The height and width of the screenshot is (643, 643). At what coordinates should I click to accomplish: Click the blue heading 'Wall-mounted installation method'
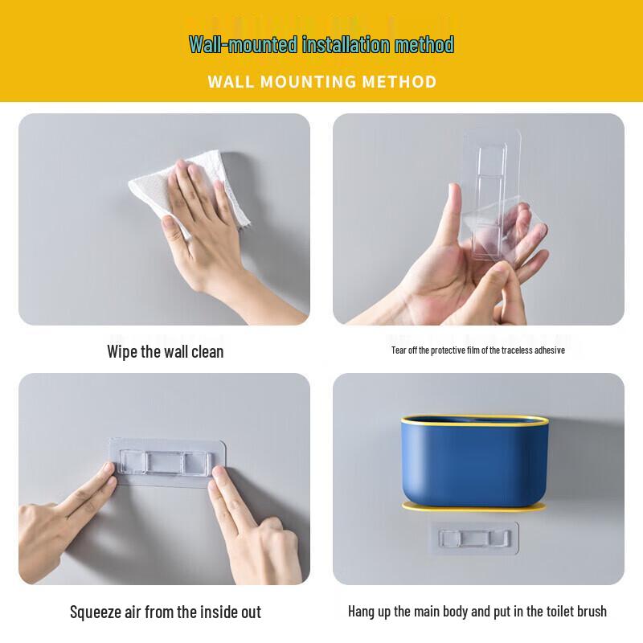pos(321,44)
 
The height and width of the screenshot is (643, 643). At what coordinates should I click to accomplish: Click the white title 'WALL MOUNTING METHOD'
pos(321,81)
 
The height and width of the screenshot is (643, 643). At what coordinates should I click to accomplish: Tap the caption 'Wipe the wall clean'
pos(165,351)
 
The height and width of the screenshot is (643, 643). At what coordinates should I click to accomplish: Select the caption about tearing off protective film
pos(477,350)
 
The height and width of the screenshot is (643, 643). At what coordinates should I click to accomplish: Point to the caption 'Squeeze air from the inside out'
pos(165,612)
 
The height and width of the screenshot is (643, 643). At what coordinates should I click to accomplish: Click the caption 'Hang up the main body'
pos(477,612)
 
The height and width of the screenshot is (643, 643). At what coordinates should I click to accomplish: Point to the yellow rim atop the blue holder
pos(477,418)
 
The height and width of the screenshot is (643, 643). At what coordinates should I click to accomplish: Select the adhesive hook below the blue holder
pos(474,536)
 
